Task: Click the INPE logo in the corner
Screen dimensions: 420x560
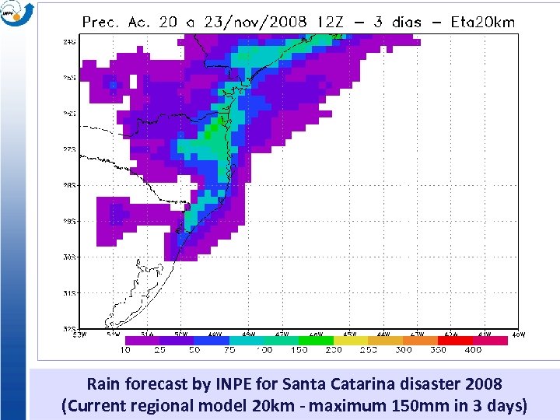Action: tap(17, 13)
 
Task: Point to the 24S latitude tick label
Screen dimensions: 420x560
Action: tap(69, 42)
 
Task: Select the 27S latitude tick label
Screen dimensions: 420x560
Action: tap(69, 149)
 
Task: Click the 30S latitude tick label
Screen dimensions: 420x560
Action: tap(69, 257)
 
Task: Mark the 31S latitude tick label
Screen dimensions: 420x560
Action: tap(69, 293)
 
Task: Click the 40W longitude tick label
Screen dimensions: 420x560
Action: tap(518, 334)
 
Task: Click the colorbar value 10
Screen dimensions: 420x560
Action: tap(125, 350)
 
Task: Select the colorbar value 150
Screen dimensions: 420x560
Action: tap(299, 350)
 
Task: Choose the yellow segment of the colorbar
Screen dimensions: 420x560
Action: tap(351, 341)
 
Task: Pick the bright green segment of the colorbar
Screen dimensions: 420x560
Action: tap(316, 341)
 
